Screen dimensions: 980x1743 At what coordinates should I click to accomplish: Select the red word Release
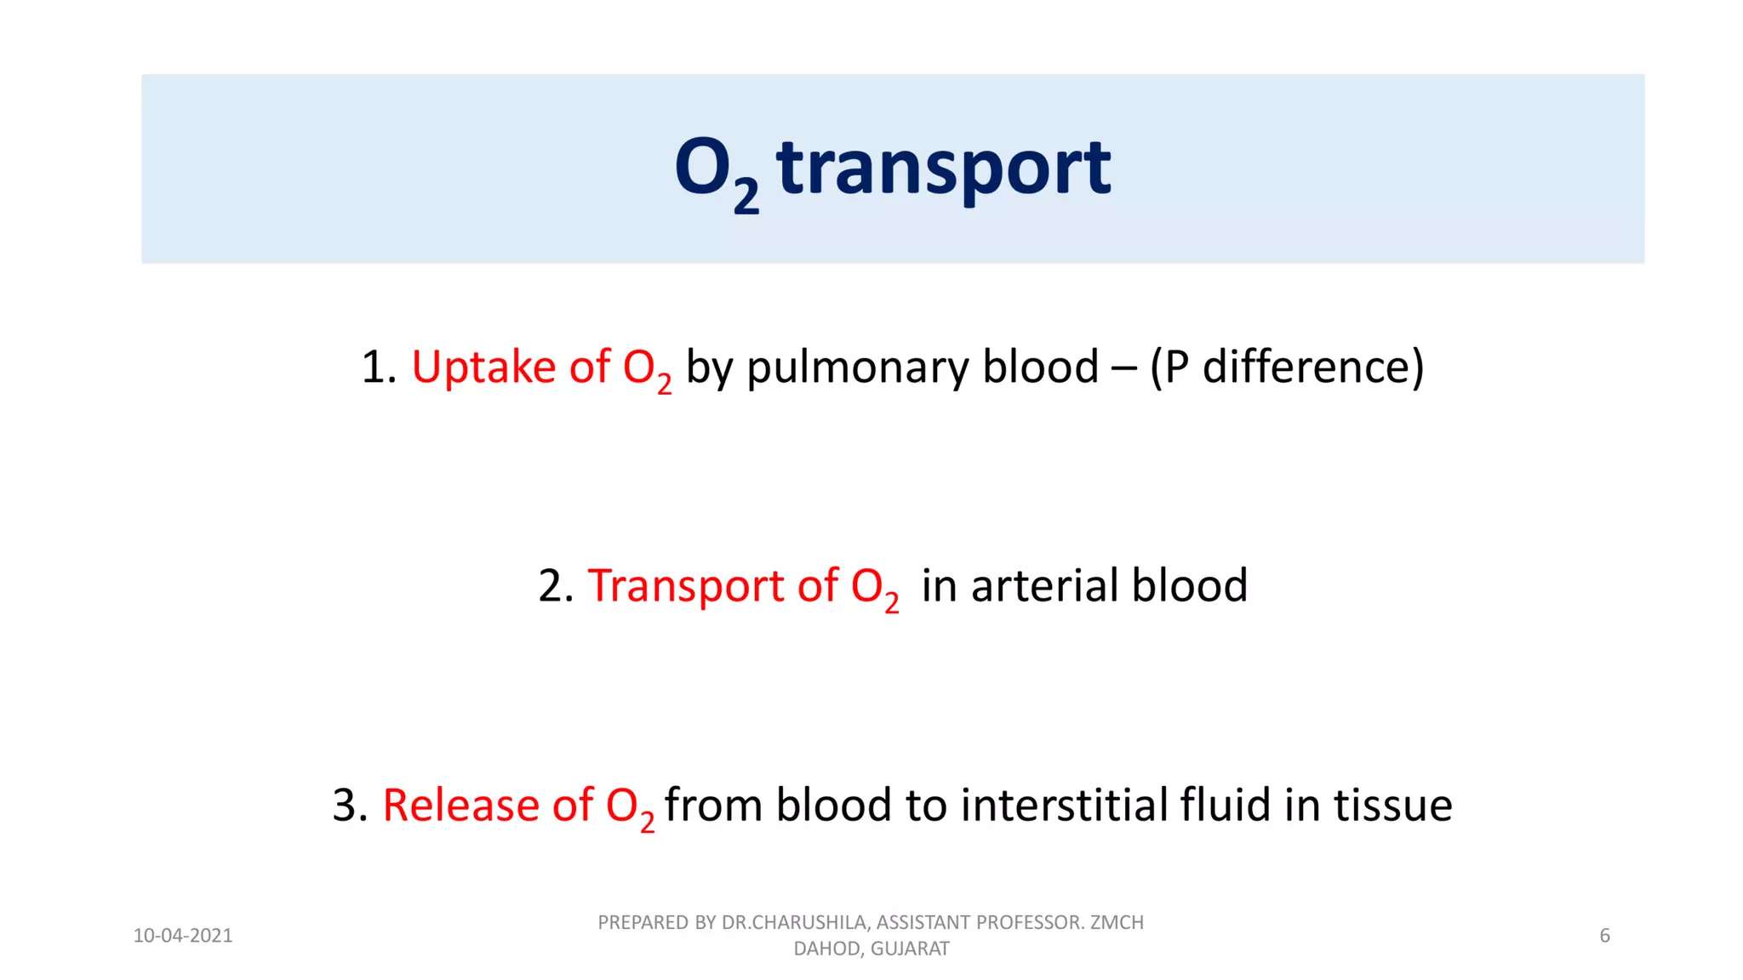(x=460, y=805)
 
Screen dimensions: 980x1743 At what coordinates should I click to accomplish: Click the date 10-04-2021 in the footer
(x=183, y=936)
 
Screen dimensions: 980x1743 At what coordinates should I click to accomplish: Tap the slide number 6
(x=1604, y=936)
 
